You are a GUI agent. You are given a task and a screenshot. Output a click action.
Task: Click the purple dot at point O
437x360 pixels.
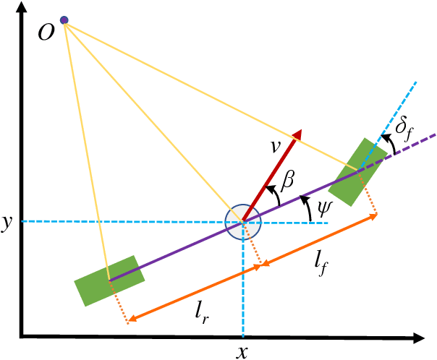click(x=64, y=20)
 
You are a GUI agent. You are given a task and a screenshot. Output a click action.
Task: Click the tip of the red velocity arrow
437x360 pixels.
click(x=299, y=132)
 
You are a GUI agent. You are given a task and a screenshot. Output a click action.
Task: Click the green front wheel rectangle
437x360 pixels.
click(x=357, y=171)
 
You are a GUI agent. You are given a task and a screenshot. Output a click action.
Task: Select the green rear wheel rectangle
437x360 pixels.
click(x=110, y=280)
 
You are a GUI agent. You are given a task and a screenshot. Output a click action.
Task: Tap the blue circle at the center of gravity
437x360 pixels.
click(x=242, y=221)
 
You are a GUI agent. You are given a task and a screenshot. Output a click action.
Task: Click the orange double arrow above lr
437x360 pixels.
click(x=195, y=293)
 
